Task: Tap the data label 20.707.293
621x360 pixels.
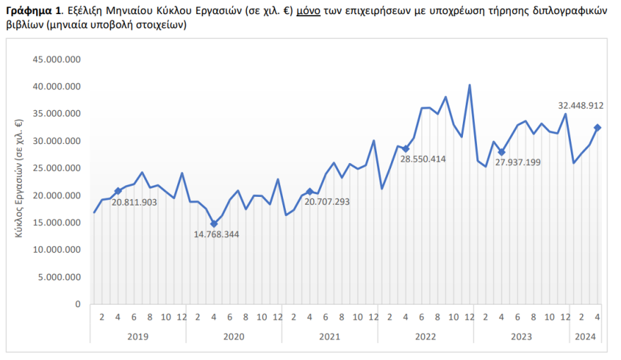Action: [x=327, y=202]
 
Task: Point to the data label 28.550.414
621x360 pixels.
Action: [x=423, y=159]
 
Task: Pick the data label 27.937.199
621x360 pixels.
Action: [x=518, y=162]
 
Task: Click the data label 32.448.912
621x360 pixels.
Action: [x=581, y=106]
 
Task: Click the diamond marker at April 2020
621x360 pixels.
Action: [x=214, y=224]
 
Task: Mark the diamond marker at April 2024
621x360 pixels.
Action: [x=597, y=128]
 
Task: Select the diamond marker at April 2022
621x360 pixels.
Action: [x=406, y=149]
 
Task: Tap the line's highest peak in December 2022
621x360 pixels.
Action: [x=469, y=85]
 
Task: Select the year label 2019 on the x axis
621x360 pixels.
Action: [x=138, y=336]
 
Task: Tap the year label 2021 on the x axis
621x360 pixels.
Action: [x=330, y=336]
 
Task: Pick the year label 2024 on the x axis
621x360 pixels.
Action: [x=584, y=336]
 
